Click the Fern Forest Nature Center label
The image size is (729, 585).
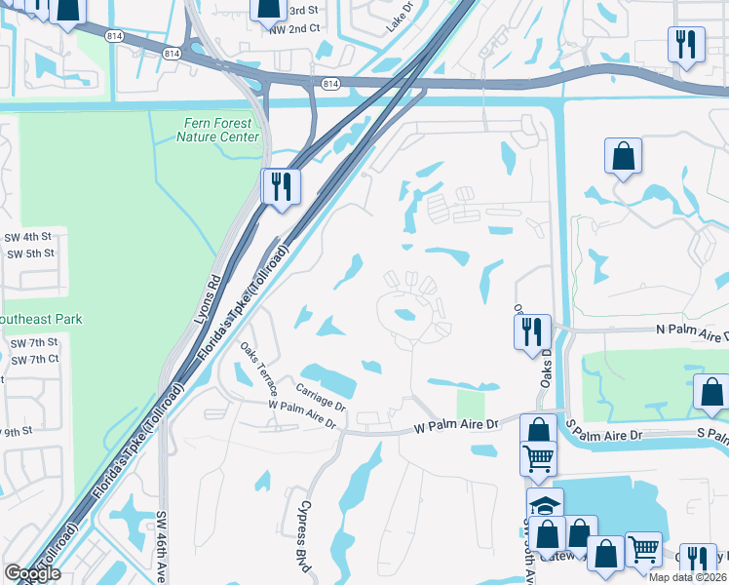tap(217, 130)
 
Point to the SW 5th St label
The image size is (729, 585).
tap(29, 253)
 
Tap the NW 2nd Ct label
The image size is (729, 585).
tap(294, 29)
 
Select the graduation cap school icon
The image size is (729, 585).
tap(545, 504)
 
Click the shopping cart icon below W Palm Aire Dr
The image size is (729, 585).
tap(538, 456)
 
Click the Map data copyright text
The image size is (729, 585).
tap(687, 577)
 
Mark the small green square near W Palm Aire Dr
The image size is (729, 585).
tap(470, 404)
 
